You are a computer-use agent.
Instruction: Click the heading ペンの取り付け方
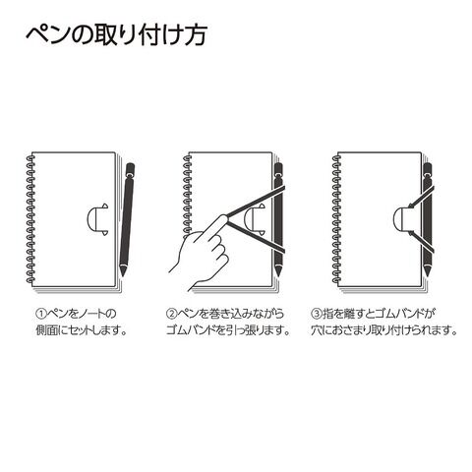point(116,34)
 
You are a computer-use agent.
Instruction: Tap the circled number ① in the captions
point(41,314)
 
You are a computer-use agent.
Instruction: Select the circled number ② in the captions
point(171,314)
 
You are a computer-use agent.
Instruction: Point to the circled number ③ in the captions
point(317,314)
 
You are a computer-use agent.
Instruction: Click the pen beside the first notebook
point(127,219)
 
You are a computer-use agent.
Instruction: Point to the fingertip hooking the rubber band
point(223,217)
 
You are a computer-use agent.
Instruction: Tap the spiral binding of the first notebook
point(30,219)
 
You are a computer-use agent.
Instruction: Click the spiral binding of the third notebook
point(336,219)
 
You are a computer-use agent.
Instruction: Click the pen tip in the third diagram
point(427,271)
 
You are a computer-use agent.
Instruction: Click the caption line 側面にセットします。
point(82,330)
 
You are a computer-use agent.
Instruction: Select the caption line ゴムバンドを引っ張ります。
point(228,330)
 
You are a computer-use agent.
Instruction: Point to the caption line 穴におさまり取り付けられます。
point(383,330)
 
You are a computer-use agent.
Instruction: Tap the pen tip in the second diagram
point(278,271)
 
